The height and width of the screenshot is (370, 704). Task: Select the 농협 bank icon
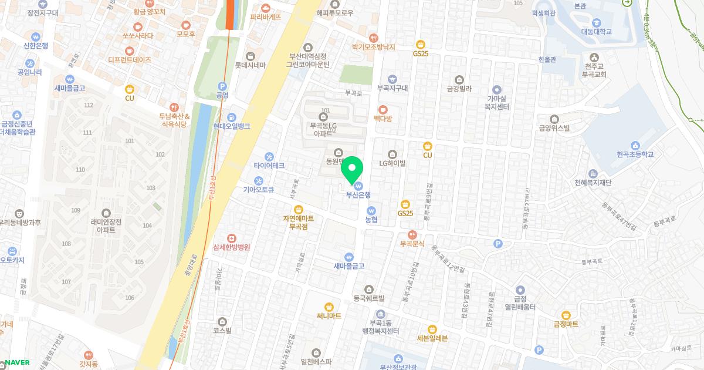coord(371,210)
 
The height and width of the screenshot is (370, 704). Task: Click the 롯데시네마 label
coord(251,65)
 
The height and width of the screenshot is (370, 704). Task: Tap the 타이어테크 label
coord(269,166)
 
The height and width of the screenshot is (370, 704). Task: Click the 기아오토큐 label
coord(259,190)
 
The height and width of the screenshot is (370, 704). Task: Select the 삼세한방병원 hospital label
coord(232,247)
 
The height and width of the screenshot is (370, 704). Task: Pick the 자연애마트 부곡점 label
coord(298,221)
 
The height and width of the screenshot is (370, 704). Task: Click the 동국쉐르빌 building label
coord(368,298)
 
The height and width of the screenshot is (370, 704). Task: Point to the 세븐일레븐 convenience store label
coord(432,338)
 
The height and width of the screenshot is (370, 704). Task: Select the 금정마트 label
coord(566,324)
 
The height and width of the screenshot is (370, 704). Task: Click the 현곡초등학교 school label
coord(634,154)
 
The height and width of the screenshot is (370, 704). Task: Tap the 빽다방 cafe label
coord(383,118)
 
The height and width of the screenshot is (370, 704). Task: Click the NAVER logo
coord(18,362)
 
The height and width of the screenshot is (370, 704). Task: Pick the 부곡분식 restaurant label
coord(412,243)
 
